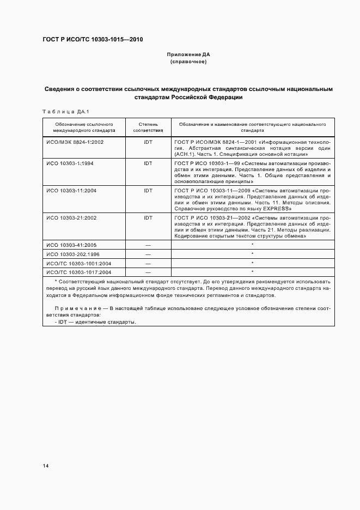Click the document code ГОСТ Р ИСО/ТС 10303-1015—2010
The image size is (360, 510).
[93, 40]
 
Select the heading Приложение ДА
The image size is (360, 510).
[188, 55]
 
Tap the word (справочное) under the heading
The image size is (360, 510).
[188, 62]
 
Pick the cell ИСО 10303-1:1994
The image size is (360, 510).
[70, 163]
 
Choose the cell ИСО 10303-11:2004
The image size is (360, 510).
[71, 190]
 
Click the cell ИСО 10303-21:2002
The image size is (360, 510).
[71, 217]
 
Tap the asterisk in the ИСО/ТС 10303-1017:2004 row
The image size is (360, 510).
[252, 271]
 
